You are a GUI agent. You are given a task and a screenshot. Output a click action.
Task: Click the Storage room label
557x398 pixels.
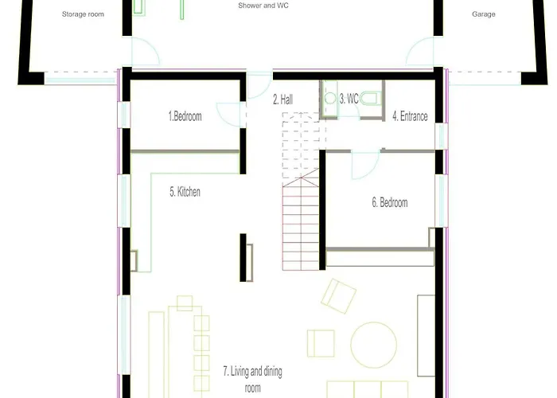tap(83, 14)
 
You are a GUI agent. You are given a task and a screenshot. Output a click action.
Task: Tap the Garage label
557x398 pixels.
tap(484, 14)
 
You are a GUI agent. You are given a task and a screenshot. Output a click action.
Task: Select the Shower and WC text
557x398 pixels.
tap(263, 6)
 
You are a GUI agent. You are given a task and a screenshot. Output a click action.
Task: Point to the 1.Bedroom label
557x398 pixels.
tap(185, 116)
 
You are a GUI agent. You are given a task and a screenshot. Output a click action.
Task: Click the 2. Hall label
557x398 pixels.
tap(283, 99)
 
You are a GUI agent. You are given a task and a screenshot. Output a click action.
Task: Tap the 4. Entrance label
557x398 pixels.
tap(410, 116)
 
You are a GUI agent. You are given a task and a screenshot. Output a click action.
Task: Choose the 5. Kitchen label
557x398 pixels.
tap(185, 192)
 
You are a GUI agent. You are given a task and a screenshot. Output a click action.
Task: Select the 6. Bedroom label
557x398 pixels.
tap(390, 202)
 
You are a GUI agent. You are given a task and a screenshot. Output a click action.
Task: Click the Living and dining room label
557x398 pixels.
tap(252, 380)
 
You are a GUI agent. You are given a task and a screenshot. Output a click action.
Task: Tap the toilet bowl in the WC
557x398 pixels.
tap(370, 98)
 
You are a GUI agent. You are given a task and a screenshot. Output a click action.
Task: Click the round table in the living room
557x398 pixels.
tap(374, 345)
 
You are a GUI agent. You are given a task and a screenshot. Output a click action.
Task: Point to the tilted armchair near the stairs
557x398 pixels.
tap(338, 296)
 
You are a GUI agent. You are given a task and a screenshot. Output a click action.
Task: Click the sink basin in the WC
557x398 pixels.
tap(330, 98)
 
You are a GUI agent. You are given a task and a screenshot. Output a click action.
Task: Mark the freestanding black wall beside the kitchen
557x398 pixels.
tap(243, 258)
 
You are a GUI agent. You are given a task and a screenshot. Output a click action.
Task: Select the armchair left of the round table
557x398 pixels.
tap(321, 343)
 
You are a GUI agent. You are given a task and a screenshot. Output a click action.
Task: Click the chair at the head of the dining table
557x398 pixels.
tap(185, 303)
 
